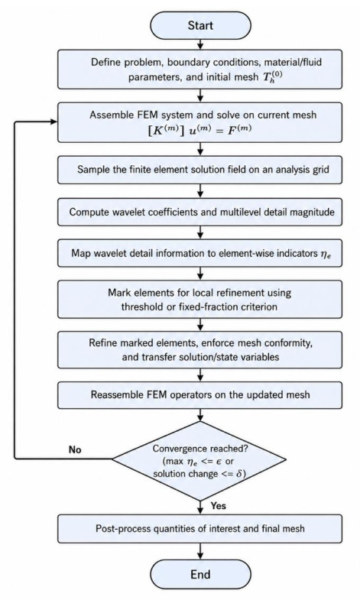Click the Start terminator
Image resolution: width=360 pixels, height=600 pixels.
200,26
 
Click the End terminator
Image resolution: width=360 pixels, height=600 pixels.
200,574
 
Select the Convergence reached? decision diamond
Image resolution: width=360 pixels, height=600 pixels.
199,461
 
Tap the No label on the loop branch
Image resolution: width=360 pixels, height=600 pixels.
75,449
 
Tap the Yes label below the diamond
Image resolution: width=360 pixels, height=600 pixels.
219,506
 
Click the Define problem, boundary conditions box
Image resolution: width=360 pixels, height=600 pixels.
199,70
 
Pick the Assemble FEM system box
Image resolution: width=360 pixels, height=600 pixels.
199,122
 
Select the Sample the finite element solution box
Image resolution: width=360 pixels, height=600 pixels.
199,170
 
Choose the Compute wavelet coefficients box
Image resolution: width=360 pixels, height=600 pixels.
199,212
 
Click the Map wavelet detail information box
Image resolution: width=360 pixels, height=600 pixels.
199,253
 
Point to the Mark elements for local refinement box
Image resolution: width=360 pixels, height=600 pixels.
199,299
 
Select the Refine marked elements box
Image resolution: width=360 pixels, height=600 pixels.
199,350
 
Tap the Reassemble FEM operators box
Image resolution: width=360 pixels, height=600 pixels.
199,395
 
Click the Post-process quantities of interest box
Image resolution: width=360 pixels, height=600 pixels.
199,529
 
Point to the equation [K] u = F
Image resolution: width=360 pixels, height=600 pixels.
199,129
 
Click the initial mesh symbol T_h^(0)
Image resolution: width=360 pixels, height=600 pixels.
273,77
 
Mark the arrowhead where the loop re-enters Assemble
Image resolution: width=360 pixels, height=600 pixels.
54,122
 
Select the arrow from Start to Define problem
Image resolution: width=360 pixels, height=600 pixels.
200,45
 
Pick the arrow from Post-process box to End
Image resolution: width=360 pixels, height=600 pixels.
200,551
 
